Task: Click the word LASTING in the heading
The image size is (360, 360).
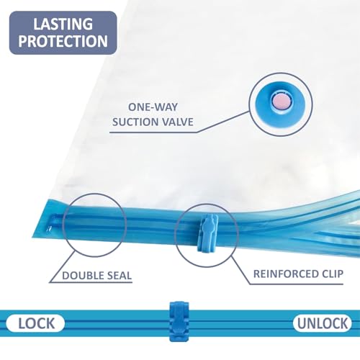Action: pyautogui.click(x=63, y=24)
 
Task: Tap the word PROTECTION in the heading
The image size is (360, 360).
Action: pyautogui.click(x=63, y=41)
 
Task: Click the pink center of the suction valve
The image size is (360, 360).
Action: pyautogui.click(x=281, y=102)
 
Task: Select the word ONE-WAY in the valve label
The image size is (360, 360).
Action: pyautogui.click(x=153, y=107)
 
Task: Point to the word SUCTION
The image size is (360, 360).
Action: pyautogui.click(x=135, y=122)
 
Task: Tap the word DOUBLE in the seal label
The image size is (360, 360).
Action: pyautogui.click(x=83, y=276)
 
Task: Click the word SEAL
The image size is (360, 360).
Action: pyautogui.click(x=120, y=276)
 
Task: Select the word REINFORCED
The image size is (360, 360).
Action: pyautogui.click(x=284, y=274)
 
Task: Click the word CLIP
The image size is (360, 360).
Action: pyautogui.click(x=330, y=274)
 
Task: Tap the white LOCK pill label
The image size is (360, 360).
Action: pyautogui.click(x=35, y=323)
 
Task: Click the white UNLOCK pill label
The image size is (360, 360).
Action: pyautogui.click(x=323, y=323)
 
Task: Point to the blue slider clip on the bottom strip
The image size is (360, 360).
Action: pyautogui.click(x=179, y=321)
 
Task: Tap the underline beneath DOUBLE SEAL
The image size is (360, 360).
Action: pyautogui.click(x=91, y=282)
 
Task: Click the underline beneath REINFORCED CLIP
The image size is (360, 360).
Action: pyautogui.click(x=297, y=284)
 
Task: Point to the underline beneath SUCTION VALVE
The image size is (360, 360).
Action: pyautogui.click(x=153, y=132)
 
